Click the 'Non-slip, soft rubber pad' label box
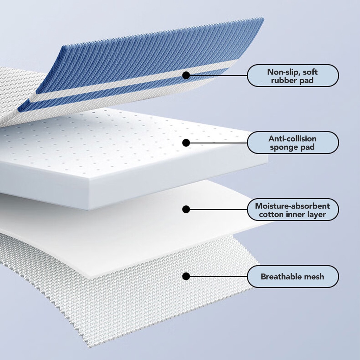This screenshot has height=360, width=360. point(292,76)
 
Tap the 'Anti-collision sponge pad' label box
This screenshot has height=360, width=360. point(292,142)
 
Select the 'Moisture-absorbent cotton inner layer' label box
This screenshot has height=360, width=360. point(292,210)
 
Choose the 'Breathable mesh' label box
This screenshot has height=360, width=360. point(292,276)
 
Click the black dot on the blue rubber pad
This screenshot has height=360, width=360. point(186,75)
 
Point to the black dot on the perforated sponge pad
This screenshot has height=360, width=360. point(186,142)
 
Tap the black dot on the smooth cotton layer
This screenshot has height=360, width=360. point(186,210)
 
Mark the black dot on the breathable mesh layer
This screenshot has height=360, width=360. point(186,276)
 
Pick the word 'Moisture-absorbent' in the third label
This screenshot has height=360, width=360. point(292,206)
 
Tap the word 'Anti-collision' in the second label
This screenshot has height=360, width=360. point(292,139)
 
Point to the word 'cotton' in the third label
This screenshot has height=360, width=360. point(271,214)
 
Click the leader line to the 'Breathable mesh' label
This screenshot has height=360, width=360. point(218,276)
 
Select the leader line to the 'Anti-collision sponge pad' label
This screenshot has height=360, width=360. point(218,142)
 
